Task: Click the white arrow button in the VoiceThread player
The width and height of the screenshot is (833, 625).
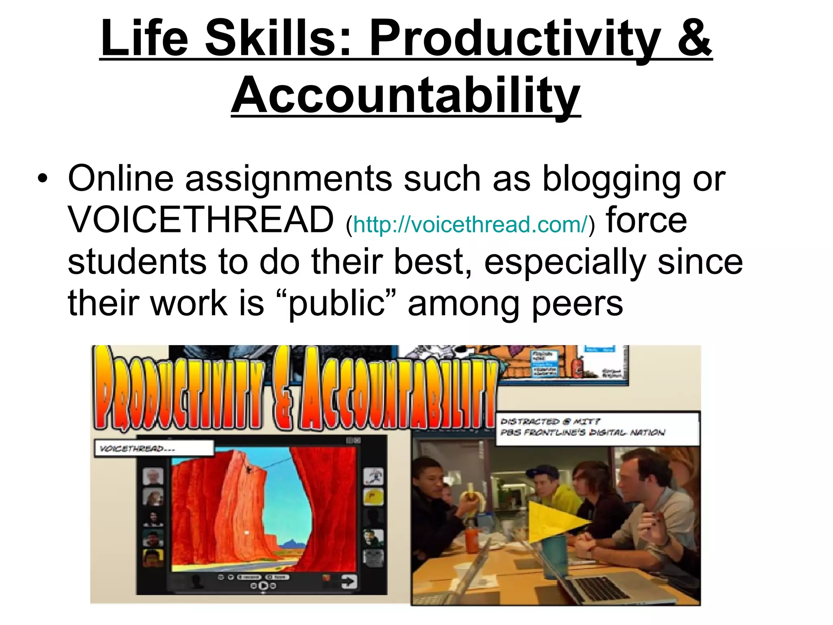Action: [x=349, y=582]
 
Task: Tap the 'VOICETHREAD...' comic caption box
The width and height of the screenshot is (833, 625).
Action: [x=154, y=448]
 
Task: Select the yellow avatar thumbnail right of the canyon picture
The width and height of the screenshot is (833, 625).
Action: [x=373, y=496]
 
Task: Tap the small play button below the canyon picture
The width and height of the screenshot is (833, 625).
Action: [x=263, y=586]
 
